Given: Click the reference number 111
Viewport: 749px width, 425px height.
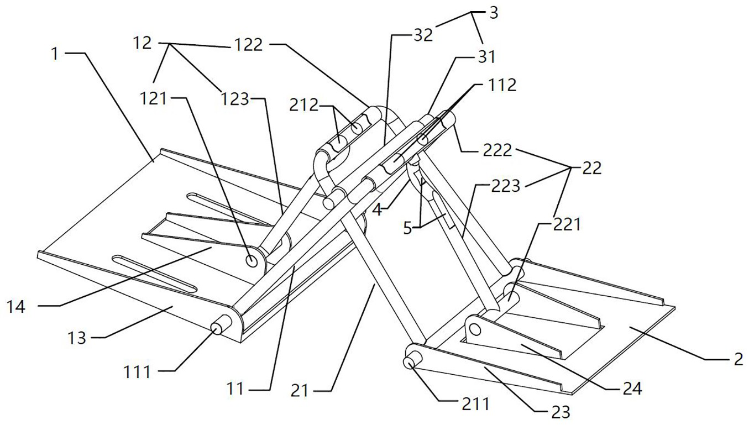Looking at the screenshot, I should click(x=137, y=372).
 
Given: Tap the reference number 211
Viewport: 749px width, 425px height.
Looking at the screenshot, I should click(x=475, y=404).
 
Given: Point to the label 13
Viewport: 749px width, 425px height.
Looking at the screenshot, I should click(x=77, y=337).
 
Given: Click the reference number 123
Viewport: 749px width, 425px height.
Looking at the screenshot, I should click(x=236, y=99).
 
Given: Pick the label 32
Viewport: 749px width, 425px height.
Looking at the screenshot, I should click(x=423, y=36).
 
